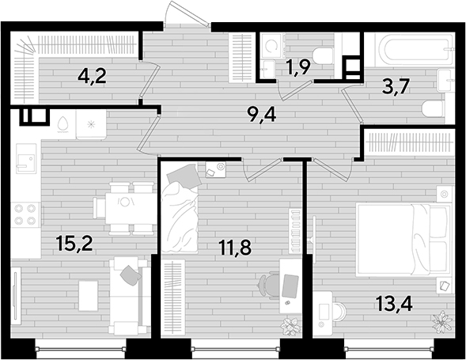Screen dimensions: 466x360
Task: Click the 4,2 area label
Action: click(x=92, y=77)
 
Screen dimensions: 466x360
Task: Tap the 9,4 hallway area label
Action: click(x=262, y=115)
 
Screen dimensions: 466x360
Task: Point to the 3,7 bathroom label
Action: click(x=396, y=86)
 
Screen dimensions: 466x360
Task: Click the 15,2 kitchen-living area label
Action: click(x=75, y=244)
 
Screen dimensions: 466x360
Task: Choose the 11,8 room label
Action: click(x=235, y=248)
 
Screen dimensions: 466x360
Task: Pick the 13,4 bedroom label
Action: click(x=394, y=304)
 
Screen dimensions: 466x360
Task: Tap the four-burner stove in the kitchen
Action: click(x=25, y=214)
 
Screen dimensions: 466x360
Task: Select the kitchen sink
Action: click(x=26, y=159)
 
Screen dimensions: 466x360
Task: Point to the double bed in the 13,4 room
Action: click(x=403, y=240)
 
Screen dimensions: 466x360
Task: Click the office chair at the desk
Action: click(x=269, y=286)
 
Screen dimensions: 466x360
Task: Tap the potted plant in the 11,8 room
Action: click(x=289, y=326)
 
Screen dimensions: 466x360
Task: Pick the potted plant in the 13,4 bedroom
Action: click(x=443, y=321)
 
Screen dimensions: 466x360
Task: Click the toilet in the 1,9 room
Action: click(x=322, y=56)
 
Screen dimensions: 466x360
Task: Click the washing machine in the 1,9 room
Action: click(x=271, y=45)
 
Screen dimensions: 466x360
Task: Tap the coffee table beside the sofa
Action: click(x=89, y=296)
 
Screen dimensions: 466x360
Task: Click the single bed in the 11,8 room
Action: click(x=180, y=208)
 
